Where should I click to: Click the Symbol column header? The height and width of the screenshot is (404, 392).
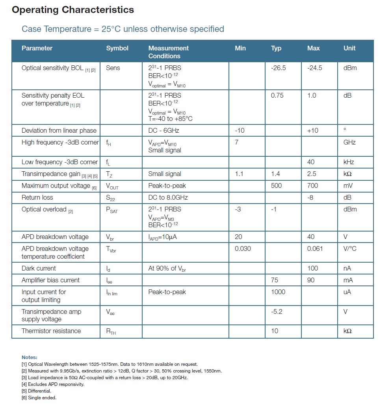(x=117, y=48)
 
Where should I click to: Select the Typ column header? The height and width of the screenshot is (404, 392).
(x=276, y=48)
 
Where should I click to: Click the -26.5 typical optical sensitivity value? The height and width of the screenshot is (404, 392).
(x=279, y=68)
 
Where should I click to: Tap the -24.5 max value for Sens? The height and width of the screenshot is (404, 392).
(x=314, y=68)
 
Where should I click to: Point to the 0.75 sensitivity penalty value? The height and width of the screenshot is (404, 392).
(x=277, y=95)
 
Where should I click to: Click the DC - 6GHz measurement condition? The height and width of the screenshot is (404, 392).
(x=163, y=130)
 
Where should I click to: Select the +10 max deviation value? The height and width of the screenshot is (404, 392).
(x=313, y=130)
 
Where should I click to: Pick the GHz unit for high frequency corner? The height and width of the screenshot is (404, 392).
(x=349, y=142)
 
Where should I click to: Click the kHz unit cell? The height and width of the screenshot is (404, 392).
(x=349, y=162)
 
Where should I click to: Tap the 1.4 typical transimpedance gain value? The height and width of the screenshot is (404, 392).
(x=275, y=174)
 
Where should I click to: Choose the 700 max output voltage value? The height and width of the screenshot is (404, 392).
(x=312, y=185)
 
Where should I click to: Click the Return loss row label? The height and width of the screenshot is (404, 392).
(x=37, y=197)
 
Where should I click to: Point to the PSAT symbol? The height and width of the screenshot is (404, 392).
(x=112, y=210)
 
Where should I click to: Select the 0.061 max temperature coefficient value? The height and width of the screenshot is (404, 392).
(x=315, y=248)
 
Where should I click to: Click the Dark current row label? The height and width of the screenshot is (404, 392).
(x=39, y=268)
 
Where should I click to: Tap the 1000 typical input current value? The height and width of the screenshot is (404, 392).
(x=278, y=292)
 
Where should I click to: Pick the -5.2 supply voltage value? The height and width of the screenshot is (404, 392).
(x=277, y=311)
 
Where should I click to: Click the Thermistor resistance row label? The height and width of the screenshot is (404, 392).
(x=51, y=331)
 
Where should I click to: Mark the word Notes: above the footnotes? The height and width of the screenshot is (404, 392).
(x=30, y=358)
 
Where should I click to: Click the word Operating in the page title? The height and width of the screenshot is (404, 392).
(x=35, y=10)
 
